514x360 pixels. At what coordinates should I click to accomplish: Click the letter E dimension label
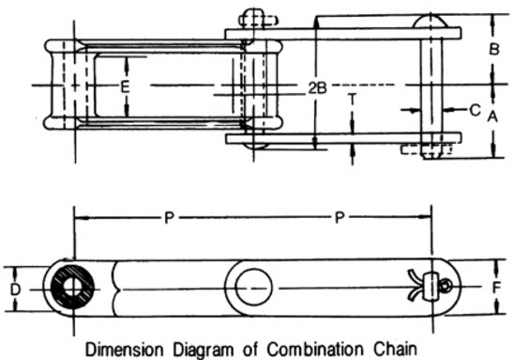pyautogui.click(x=124, y=86)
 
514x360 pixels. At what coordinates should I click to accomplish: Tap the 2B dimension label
pyautogui.click(x=318, y=87)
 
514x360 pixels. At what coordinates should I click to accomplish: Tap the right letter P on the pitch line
pyautogui.click(x=340, y=217)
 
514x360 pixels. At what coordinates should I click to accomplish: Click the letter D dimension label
pyautogui.click(x=15, y=290)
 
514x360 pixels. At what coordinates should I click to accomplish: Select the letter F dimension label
pyautogui.click(x=495, y=288)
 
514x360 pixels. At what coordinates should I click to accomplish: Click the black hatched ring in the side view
pyautogui.click(x=72, y=288)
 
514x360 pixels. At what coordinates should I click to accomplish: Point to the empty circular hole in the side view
pyautogui.click(x=252, y=286)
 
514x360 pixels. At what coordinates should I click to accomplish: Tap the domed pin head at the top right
pyautogui.click(x=432, y=21)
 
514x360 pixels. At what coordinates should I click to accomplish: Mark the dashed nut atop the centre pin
pyautogui.click(x=254, y=18)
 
